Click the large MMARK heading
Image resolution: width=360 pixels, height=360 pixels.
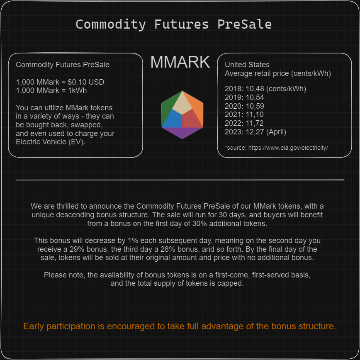coord(180,62)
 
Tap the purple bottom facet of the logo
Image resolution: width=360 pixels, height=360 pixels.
coord(182,133)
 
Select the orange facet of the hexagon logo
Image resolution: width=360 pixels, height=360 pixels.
coord(196,108)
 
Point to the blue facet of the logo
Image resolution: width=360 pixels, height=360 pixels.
coord(172,120)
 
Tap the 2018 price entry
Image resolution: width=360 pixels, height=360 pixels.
coord(265,89)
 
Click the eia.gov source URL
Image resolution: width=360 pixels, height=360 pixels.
coord(288,148)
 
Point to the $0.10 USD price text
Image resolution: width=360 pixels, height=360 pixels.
coord(86,82)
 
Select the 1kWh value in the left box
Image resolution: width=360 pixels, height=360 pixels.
coord(78,90)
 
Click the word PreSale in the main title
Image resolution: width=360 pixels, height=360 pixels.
coord(245,24)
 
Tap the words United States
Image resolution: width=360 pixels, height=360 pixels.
coord(247,65)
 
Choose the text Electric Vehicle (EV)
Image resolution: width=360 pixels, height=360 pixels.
coord(51,142)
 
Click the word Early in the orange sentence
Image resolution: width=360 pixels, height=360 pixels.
coord(34,326)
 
